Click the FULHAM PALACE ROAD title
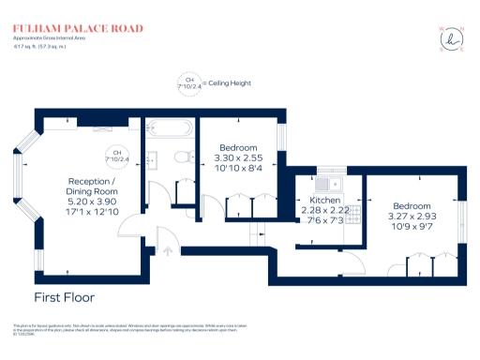pyautogui.click(x=78, y=29)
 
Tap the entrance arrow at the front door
pyautogui.click(x=167, y=250)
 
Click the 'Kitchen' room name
pyautogui.click(x=324, y=200)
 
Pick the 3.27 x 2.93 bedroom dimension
pyautogui.click(x=412, y=216)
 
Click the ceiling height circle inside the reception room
pyautogui.click(x=118, y=157)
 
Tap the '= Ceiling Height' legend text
pyautogui.click(x=227, y=83)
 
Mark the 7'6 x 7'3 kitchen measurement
pyautogui.click(x=324, y=220)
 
